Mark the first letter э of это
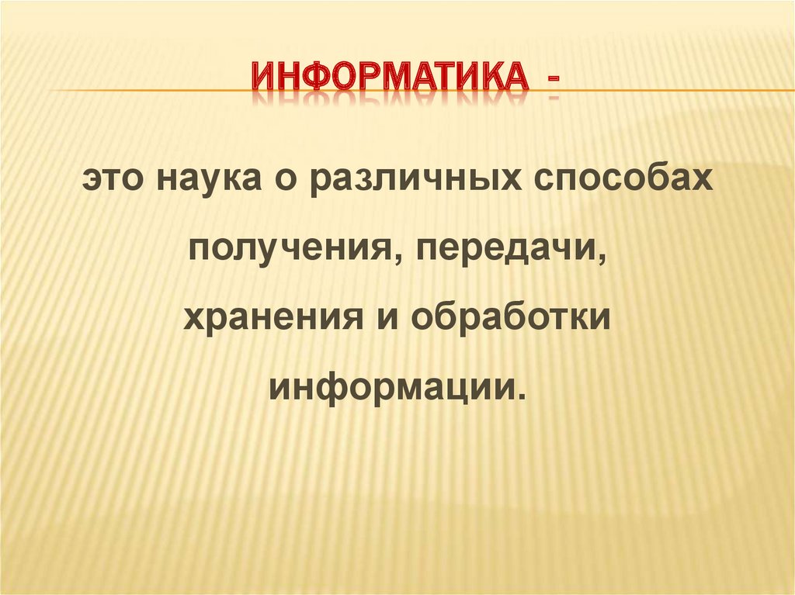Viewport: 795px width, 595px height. tap(92, 182)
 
